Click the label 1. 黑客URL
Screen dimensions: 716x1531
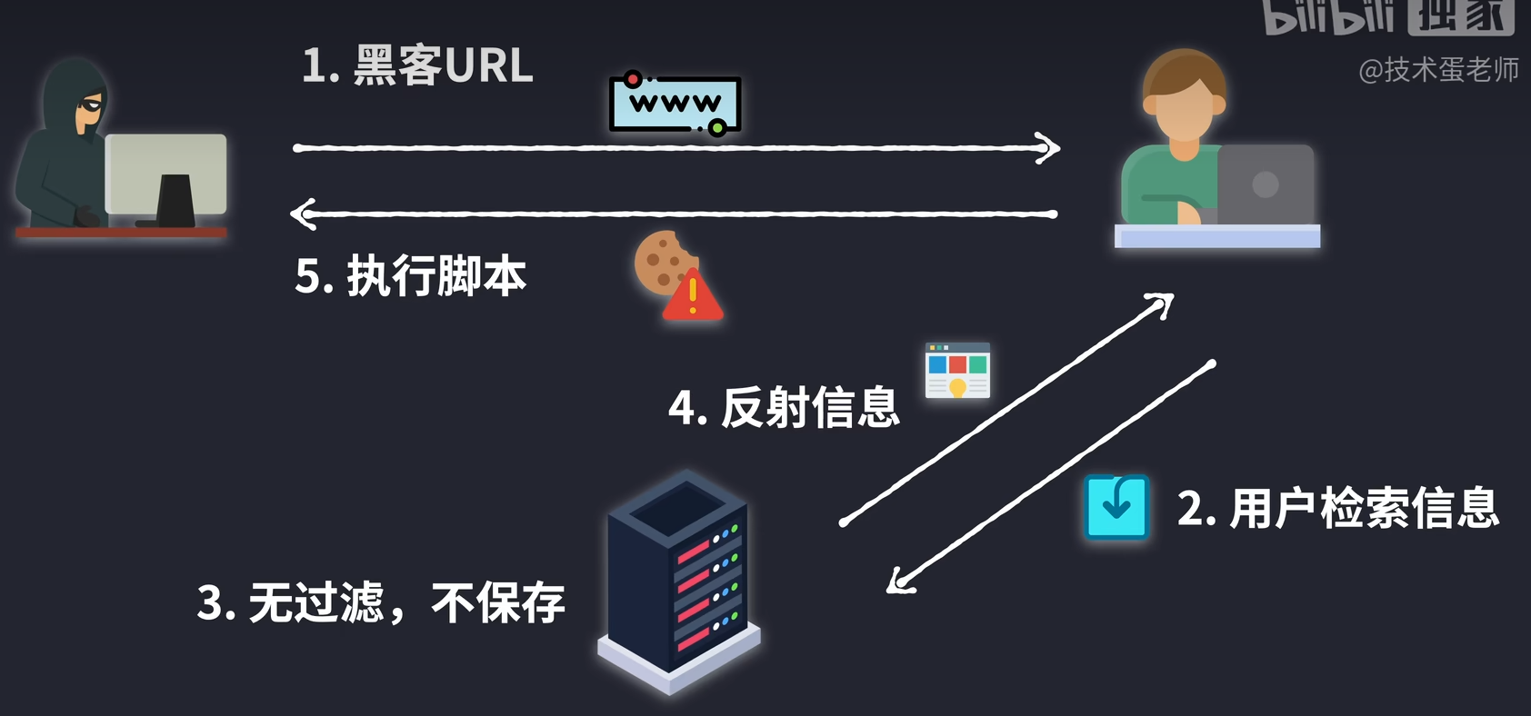click(x=417, y=65)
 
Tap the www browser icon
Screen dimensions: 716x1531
click(x=675, y=104)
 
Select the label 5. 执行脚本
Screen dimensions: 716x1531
click(x=411, y=276)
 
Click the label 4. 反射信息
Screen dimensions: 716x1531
click(x=784, y=407)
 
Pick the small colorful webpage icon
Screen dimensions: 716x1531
click(x=957, y=371)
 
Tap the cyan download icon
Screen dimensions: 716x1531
click(x=1116, y=507)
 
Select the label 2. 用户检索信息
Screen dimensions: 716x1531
click(x=1337, y=508)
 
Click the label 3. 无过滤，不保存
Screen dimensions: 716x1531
click(x=381, y=602)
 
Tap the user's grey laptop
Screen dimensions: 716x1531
click(x=1265, y=185)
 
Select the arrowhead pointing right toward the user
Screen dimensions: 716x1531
click(x=1050, y=147)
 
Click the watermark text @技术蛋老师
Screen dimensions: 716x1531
click(x=1438, y=70)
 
